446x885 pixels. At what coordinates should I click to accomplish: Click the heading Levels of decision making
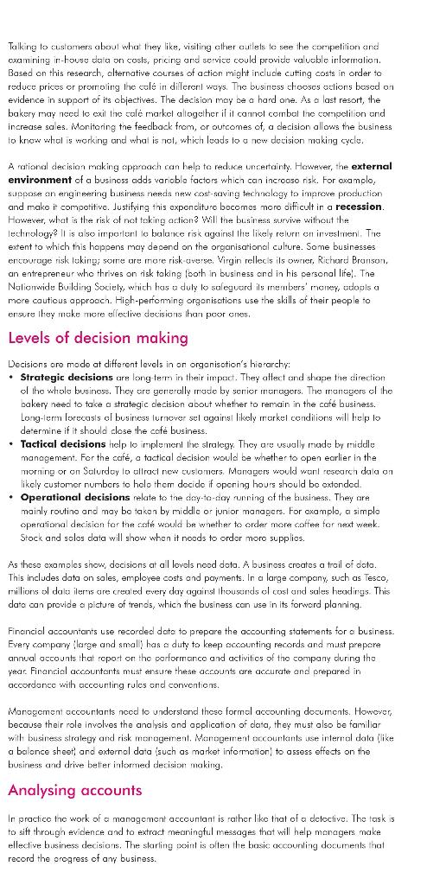tap(98, 337)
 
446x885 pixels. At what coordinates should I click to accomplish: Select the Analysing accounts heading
tap(74, 790)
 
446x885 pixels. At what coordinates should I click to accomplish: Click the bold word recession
tap(359, 207)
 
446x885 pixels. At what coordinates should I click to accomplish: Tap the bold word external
tap(371, 166)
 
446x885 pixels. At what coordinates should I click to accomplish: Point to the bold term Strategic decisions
tap(63, 377)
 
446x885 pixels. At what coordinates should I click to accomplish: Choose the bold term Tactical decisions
tap(62, 443)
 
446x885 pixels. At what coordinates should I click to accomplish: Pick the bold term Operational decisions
tap(74, 497)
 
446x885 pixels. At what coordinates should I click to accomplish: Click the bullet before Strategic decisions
tap(11, 377)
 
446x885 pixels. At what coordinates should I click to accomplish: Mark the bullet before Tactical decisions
tap(11, 443)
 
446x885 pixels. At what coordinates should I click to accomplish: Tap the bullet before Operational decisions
tap(11, 497)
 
